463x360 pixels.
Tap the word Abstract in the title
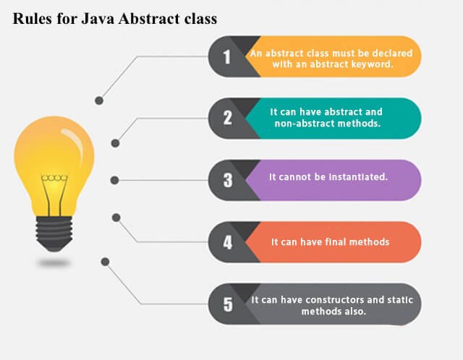tap(149, 19)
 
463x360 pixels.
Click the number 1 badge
tap(227, 56)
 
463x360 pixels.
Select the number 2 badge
tap(227, 118)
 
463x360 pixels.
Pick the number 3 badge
tap(227, 180)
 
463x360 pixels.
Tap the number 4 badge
tap(227, 242)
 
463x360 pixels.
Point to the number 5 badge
tap(227, 304)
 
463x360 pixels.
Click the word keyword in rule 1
tap(370, 63)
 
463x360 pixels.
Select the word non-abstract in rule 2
tap(304, 124)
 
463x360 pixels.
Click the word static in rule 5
tap(399, 299)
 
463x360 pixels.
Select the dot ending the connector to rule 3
tap(114, 180)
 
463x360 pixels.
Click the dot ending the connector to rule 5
tap(106, 261)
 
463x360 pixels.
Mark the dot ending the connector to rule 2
tap(115, 143)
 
